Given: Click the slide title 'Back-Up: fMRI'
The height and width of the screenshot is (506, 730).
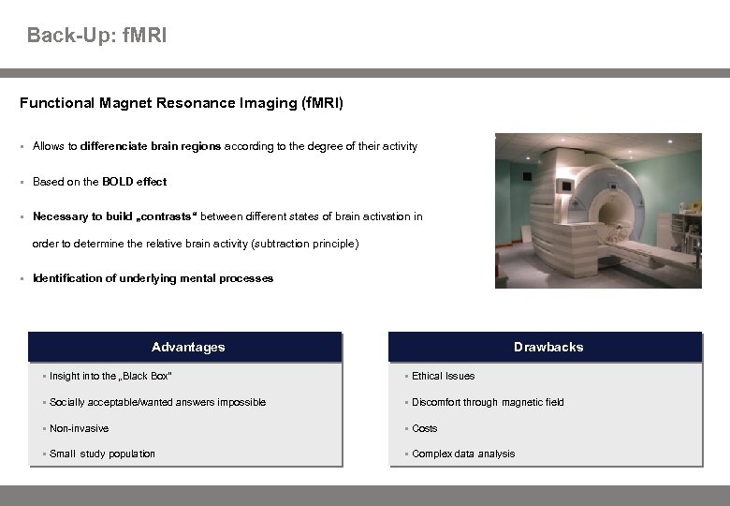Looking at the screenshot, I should tap(97, 36).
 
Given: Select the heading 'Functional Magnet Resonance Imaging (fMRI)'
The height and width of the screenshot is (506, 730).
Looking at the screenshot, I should tap(182, 103).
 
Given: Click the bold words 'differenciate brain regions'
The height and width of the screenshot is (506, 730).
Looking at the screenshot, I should tap(151, 146).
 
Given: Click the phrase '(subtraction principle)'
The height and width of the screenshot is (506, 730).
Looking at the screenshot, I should tap(305, 244).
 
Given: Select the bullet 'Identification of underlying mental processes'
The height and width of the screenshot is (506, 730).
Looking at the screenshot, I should tap(153, 278).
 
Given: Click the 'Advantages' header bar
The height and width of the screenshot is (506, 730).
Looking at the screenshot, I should tap(187, 347).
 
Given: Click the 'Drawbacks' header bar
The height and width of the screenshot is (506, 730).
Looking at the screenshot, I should tap(547, 347).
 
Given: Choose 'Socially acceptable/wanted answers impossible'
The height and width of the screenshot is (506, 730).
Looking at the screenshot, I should tap(157, 402).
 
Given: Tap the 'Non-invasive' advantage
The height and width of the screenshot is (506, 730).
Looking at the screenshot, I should tap(79, 428).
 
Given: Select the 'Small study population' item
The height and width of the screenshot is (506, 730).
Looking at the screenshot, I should tap(102, 454).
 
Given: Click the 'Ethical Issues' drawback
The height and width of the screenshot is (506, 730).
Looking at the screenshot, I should tap(443, 376).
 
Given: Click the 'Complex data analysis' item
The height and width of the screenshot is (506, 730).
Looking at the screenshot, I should tap(463, 454).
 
